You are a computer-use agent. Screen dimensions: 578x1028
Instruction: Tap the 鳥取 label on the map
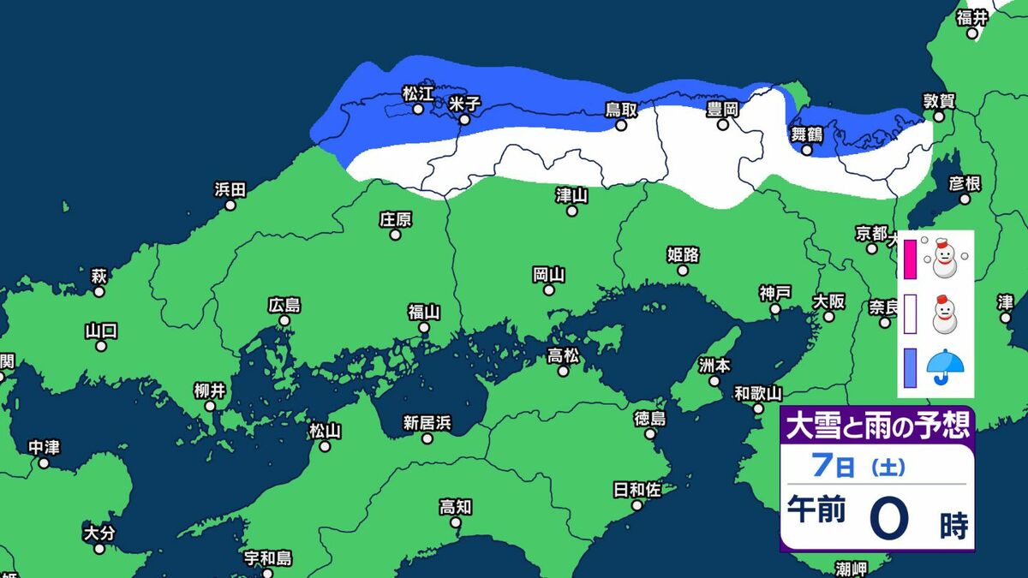[x=621, y=110]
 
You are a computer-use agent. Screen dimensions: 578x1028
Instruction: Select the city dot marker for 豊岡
[x=722, y=125]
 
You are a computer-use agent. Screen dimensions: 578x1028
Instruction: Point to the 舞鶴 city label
[x=806, y=134]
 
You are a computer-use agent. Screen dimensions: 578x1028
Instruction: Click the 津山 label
[x=571, y=195]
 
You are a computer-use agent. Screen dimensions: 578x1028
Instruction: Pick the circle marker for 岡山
[x=548, y=290]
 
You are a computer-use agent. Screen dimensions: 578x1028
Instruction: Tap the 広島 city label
[x=284, y=305]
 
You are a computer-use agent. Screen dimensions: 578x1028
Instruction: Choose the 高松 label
[x=563, y=355]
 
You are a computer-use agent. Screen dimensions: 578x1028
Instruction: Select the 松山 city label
[x=325, y=431]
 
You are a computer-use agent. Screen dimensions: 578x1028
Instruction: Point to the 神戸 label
[x=774, y=293]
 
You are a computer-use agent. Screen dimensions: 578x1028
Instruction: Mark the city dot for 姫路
[x=683, y=270]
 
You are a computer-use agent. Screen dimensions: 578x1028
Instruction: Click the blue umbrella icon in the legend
[x=946, y=366]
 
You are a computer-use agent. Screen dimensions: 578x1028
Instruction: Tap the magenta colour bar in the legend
[x=910, y=260]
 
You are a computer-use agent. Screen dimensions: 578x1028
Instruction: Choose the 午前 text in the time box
[x=816, y=510]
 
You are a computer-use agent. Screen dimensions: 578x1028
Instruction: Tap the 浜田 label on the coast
[x=230, y=189]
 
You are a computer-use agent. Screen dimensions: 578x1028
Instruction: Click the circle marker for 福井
[x=972, y=34]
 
